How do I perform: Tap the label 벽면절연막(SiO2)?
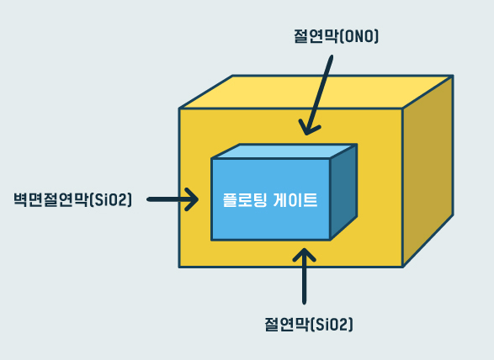[73, 199]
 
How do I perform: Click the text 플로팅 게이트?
[270, 200]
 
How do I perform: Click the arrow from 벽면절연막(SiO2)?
[173, 199]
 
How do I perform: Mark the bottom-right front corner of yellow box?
[402, 267]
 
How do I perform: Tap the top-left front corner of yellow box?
[179, 109]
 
